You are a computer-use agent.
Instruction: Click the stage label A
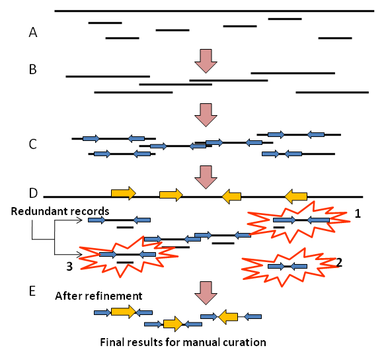click(x=33, y=32)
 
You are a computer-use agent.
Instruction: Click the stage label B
click(x=32, y=69)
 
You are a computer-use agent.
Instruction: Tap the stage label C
click(x=32, y=144)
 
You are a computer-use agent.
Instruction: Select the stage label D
click(x=33, y=193)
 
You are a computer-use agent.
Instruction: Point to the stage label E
click(x=32, y=291)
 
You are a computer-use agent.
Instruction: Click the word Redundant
click(x=39, y=211)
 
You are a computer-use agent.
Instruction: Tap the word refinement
click(x=118, y=296)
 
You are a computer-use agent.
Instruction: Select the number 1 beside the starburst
click(x=358, y=213)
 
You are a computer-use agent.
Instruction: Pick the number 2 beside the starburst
click(x=339, y=262)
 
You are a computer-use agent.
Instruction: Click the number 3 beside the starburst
click(x=69, y=266)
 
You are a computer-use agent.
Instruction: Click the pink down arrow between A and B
click(x=206, y=61)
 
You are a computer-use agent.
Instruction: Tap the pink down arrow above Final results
click(x=206, y=293)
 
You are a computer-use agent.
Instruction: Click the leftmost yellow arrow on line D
click(x=124, y=193)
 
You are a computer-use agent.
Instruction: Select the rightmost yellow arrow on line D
click(x=296, y=197)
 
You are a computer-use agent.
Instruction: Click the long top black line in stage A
click(x=214, y=11)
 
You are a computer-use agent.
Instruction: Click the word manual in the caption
click(x=202, y=342)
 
